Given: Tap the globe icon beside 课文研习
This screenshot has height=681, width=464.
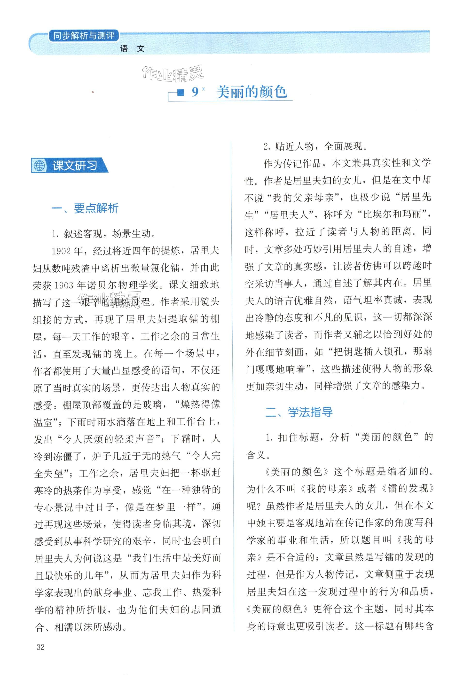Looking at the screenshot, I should click(39, 166).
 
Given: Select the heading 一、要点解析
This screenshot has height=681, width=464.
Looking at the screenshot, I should click(85, 208).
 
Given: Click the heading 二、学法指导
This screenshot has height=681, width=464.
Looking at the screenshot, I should click(299, 412).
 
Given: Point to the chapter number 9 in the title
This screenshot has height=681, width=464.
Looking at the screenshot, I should click(195, 92).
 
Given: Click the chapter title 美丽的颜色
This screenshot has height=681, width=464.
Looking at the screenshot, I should click(251, 92).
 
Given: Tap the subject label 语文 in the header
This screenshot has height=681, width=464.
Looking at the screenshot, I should click(132, 49).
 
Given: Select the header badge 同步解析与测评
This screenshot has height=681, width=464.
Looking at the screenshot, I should click(84, 36).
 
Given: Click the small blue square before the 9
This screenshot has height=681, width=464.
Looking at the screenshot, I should click(181, 93).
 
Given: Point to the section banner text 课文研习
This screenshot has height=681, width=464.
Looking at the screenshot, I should click(75, 166).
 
